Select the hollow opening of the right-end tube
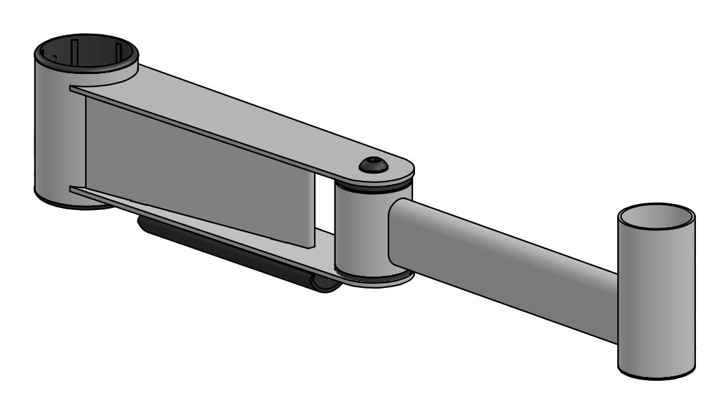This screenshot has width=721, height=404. coord(656,217)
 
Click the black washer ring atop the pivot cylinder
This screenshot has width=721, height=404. coord(373,187)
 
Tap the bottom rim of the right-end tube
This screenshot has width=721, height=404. coord(656,376)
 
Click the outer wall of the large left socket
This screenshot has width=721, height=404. coord(53,132)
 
